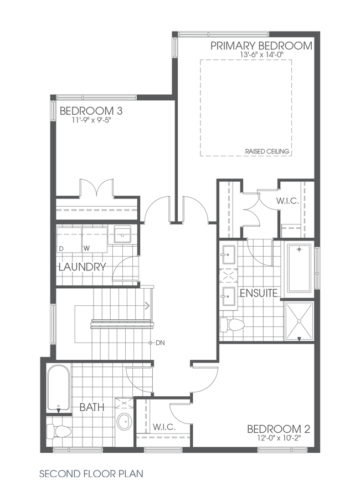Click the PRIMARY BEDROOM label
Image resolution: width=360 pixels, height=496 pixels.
(x=261, y=45)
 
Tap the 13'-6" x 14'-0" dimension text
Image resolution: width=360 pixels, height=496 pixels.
(x=261, y=55)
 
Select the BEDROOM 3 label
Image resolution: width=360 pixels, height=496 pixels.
(x=91, y=110)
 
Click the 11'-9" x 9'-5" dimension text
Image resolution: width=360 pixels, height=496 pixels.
(x=89, y=120)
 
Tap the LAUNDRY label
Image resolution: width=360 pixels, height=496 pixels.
(x=82, y=267)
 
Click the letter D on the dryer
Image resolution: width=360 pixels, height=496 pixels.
(x=61, y=248)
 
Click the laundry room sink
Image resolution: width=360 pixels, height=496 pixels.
(x=122, y=234)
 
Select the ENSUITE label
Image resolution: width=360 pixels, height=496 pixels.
(x=258, y=293)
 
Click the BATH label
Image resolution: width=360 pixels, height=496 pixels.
(x=92, y=407)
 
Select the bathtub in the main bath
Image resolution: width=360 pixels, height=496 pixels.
(x=58, y=388)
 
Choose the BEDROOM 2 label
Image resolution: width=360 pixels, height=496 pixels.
(x=279, y=429)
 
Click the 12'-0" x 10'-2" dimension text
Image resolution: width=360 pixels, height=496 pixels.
(x=279, y=438)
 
